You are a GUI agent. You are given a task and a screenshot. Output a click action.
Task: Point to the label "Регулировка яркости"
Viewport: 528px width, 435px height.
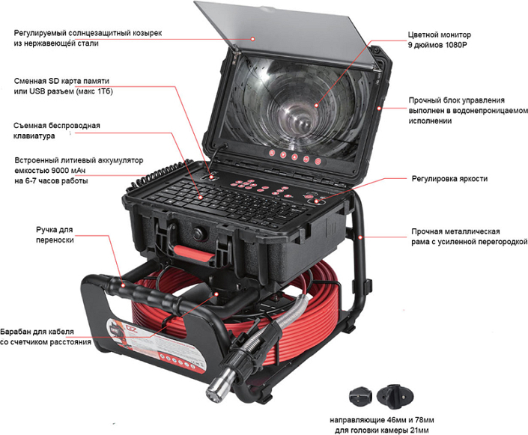coord(449,178)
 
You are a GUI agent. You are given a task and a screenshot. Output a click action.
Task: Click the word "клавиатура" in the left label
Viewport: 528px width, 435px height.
coord(34,136)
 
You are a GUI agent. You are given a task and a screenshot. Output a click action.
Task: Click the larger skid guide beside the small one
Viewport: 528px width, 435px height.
coord(395,397)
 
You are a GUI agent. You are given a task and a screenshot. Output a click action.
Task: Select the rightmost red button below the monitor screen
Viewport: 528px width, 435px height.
coord(318,162)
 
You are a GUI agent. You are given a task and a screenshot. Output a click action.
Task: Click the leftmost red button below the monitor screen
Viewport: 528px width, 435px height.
coord(271,153)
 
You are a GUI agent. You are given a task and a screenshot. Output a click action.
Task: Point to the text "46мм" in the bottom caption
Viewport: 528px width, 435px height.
coord(386,421)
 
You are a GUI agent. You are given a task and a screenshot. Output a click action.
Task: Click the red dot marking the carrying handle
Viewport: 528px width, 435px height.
coord(123,285)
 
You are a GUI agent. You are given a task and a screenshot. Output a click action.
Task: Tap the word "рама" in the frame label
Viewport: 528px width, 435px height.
coord(421,242)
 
